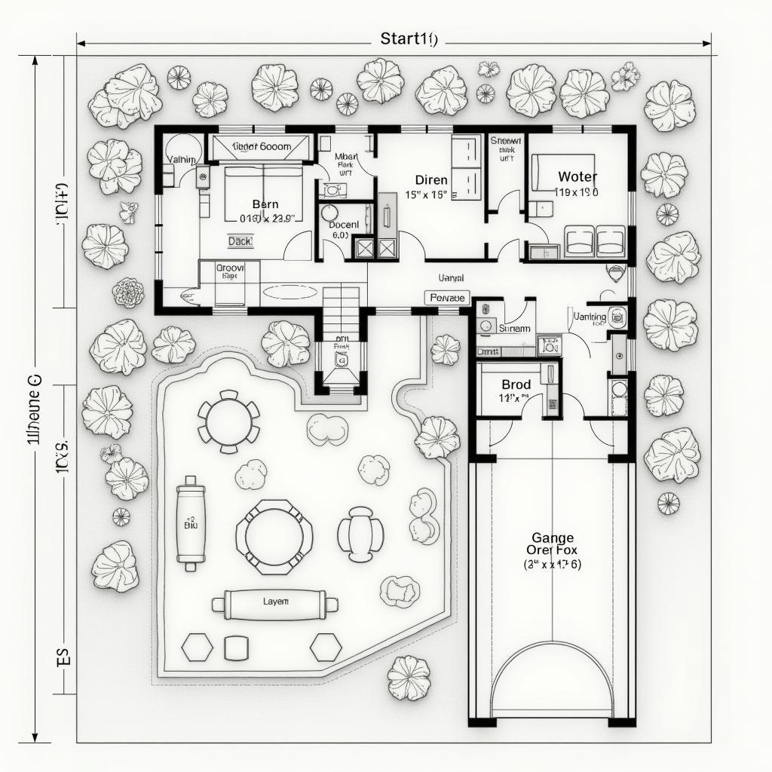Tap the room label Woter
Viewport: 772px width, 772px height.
[x=577, y=177]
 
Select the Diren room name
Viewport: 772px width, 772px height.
[x=431, y=180]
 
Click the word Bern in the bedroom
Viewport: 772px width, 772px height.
[x=265, y=204]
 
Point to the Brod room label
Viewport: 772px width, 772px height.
[x=516, y=384]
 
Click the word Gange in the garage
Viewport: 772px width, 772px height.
[x=553, y=538]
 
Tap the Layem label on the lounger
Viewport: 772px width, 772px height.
[x=275, y=602]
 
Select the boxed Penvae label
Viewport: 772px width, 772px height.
[x=449, y=298]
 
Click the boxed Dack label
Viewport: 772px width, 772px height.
[x=240, y=241]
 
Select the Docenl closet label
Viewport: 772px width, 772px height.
[x=344, y=225]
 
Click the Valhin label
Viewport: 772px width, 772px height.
[x=182, y=160]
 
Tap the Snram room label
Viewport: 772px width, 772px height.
[x=516, y=329]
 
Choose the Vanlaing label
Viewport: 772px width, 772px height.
[x=590, y=317]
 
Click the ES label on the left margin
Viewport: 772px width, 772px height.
[x=63, y=656]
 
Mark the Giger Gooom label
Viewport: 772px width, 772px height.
[x=262, y=147]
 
